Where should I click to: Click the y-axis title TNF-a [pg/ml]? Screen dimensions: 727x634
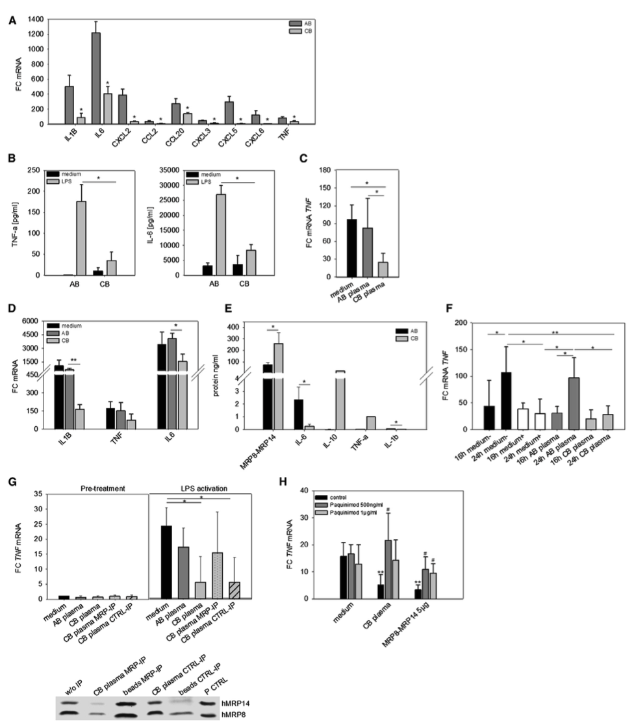tap(14, 221)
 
